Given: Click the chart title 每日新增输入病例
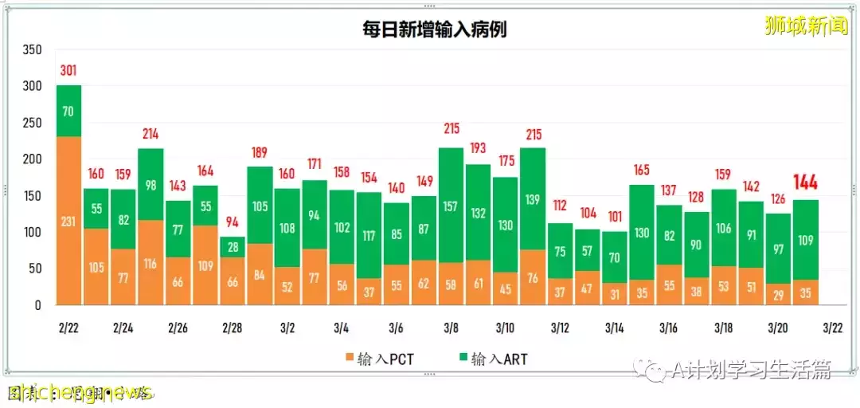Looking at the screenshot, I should (432, 30).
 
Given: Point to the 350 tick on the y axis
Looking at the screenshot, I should (31, 50).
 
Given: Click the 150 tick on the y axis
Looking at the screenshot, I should (31, 196).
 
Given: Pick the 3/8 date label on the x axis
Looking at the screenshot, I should (451, 328).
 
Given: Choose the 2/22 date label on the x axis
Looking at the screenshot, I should (69, 328).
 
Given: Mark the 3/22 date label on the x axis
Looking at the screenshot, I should (832, 328).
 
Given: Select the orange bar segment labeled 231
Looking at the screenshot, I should (68, 221).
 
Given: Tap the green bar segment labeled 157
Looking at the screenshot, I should (451, 206).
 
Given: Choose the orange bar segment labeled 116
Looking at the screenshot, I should (150, 262).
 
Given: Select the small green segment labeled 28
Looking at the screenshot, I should (232, 246).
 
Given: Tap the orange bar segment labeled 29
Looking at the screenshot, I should (778, 293).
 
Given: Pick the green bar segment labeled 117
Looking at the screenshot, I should (369, 236).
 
